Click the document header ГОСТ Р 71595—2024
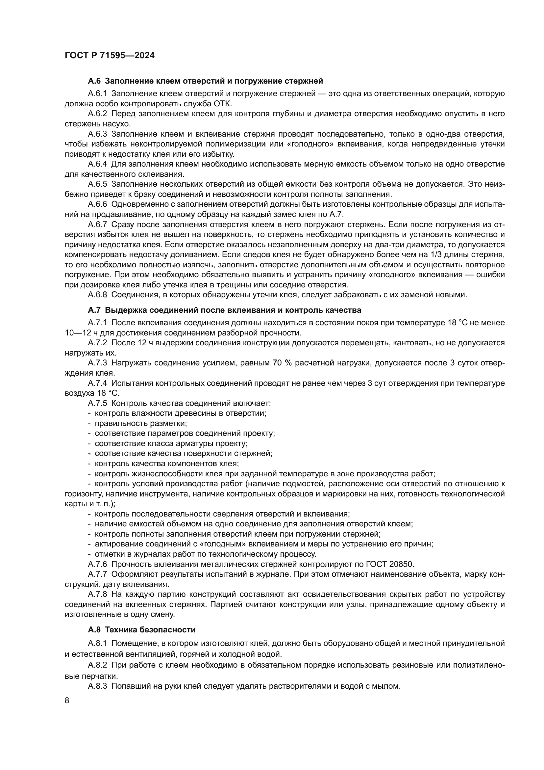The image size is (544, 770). [x=110, y=56]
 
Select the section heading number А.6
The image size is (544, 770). [x=94, y=81]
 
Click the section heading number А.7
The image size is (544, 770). [x=94, y=310]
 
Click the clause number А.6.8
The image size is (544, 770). [x=97, y=295]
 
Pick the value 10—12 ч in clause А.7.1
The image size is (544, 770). [x=79, y=333]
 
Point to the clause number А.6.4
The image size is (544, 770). [x=97, y=164]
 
